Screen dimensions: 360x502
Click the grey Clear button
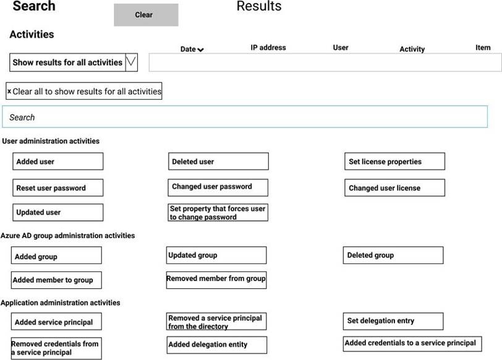(146, 15)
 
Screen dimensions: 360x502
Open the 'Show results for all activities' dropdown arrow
(130, 62)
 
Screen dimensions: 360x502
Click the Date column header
(192, 49)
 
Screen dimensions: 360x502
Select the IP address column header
(268, 48)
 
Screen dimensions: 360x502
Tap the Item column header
(483, 48)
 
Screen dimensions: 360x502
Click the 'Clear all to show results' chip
(84, 92)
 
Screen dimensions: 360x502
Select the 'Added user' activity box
(57, 161)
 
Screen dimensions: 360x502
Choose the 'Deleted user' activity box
(219, 161)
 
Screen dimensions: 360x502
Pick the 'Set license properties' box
(394, 161)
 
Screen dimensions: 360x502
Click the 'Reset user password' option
(57, 187)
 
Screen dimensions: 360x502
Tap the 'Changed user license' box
(394, 187)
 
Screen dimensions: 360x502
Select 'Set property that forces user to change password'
(218, 213)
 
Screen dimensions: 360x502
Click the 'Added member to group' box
(56, 280)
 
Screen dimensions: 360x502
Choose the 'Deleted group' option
(393, 255)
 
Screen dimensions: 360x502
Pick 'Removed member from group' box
(216, 279)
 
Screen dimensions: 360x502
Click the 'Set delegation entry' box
(393, 321)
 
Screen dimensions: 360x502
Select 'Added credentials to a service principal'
(412, 343)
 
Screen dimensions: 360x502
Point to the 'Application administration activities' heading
(61, 302)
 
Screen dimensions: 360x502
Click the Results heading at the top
(259, 7)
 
